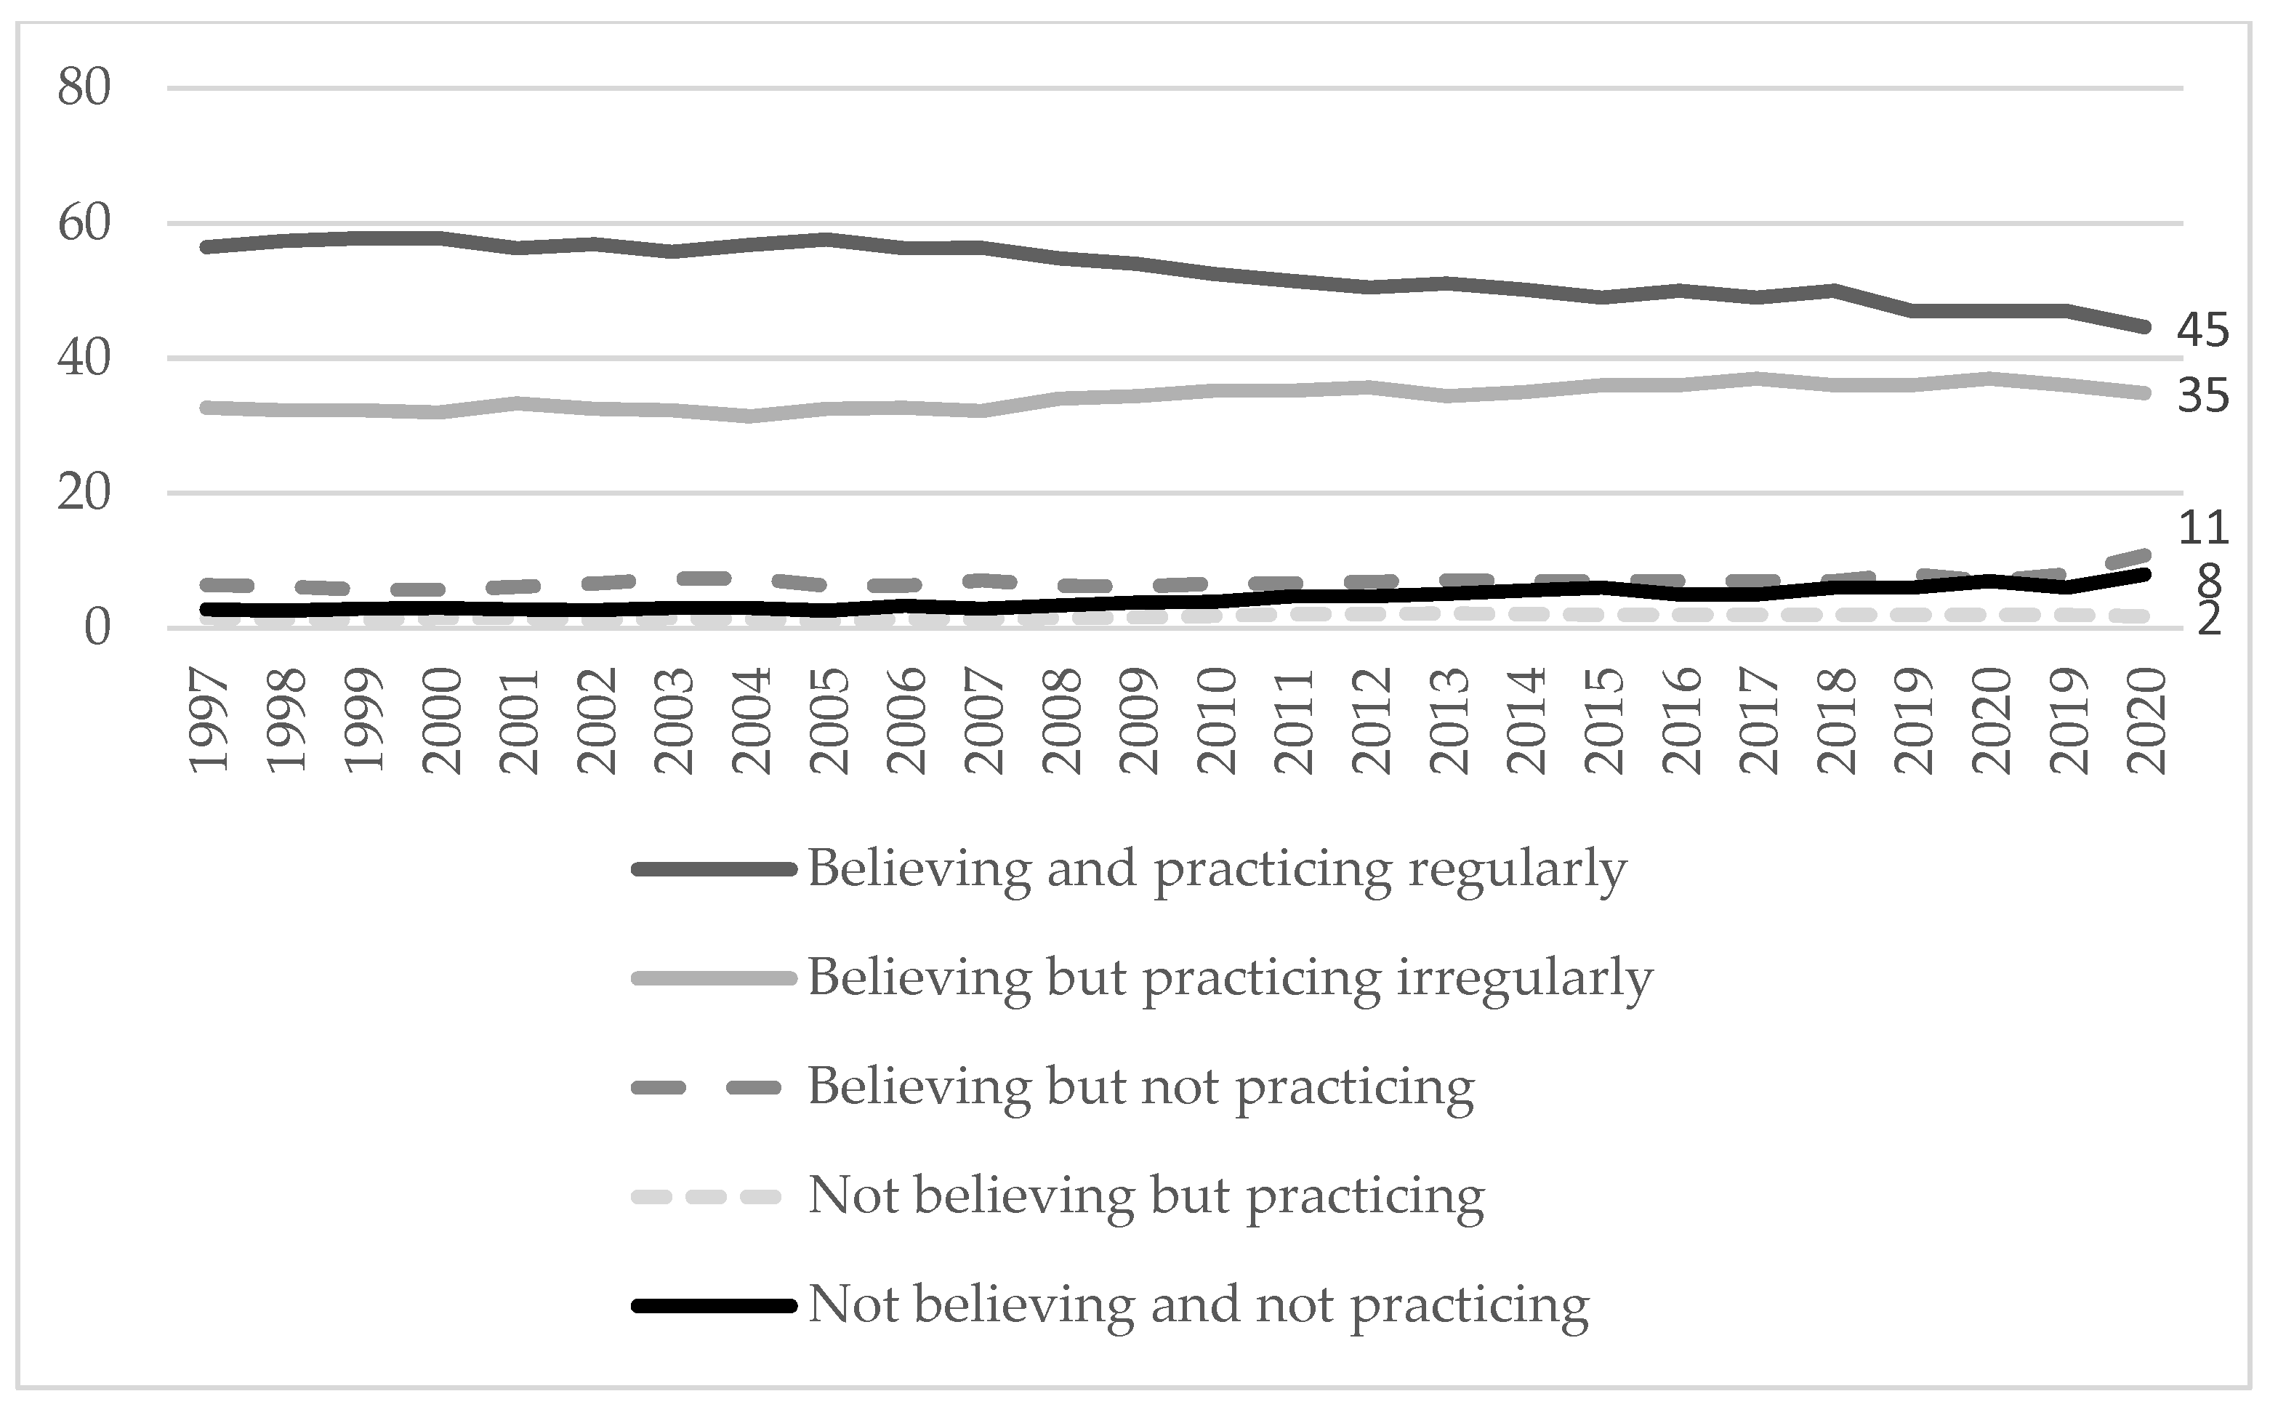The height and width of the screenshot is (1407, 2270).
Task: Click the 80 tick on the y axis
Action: click(x=84, y=89)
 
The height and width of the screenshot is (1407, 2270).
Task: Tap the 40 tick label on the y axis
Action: click(x=84, y=358)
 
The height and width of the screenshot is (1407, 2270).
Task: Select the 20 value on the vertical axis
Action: click(x=84, y=493)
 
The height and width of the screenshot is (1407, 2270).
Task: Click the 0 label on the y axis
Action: click(x=97, y=628)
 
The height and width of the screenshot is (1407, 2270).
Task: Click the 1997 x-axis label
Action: click(x=209, y=721)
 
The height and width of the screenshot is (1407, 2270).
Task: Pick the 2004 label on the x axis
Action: click(x=752, y=721)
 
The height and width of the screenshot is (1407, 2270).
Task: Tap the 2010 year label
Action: click(x=1217, y=721)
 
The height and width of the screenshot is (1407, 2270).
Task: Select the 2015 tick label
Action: click(x=1604, y=721)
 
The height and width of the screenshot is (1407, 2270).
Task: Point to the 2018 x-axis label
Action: click(x=1838, y=721)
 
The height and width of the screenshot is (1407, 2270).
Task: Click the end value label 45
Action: click(x=2203, y=331)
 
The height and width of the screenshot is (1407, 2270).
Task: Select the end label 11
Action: click(x=2203, y=528)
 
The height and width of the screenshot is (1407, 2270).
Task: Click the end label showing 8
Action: click(x=2208, y=581)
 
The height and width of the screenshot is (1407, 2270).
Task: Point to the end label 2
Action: click(x=2208, y=618)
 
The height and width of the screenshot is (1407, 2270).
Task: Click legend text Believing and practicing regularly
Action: click(x=1217, y=869)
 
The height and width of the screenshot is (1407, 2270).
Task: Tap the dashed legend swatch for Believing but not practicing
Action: click(x=714, y=1087)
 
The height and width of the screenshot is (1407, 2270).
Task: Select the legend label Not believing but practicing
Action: click(x=1146, y=1196)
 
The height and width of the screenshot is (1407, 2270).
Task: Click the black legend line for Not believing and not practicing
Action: click(x=714, y=1305)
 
